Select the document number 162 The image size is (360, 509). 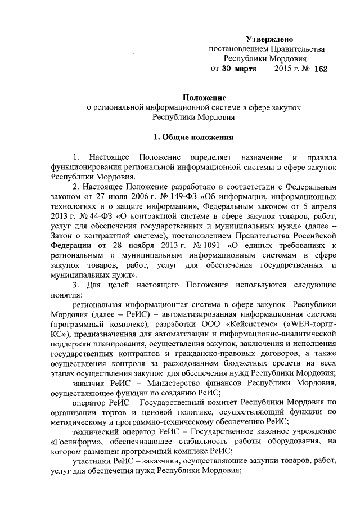point(321,69)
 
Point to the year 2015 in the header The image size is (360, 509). point(284,69)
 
